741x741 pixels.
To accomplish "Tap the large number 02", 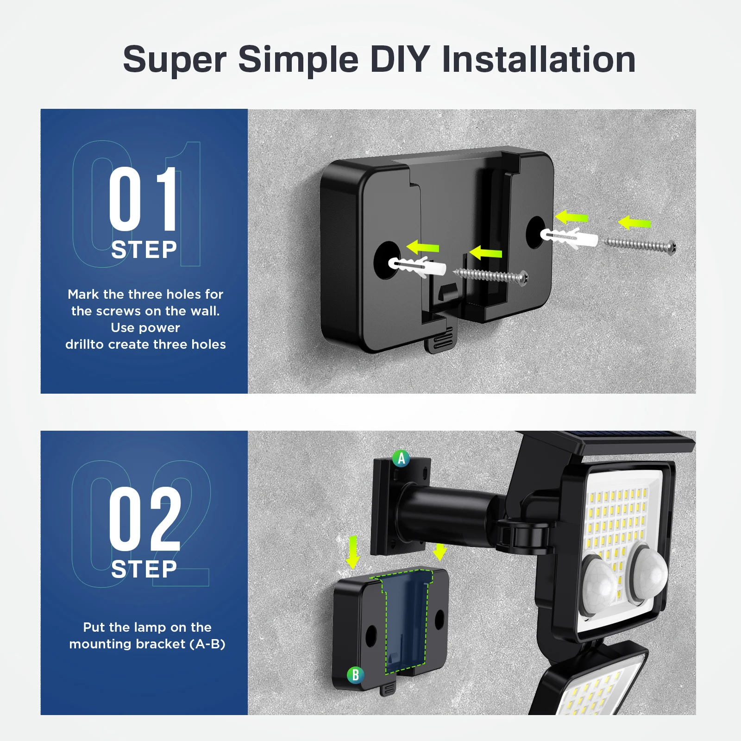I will pyautogui.click(x=144, y=519).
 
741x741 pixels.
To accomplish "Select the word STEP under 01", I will pyautogui.click(x=144, y=250).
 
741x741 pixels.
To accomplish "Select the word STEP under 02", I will pyautogui.click(x=144, y=569).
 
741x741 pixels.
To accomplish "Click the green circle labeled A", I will pyautogui.click(x=401, y=458).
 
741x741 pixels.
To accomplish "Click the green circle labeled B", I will pyautogui.click(x=355, y=675).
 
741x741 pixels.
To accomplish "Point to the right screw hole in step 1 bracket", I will pyautogui.click(x=535, y=232).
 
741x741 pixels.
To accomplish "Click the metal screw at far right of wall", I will pyautogui.click(x=641, y=244).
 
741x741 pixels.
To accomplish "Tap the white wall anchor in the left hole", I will pyautogui.click(x=417, y=267).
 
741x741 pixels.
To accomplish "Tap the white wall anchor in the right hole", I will pyautogui.click(x=569, y=238).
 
